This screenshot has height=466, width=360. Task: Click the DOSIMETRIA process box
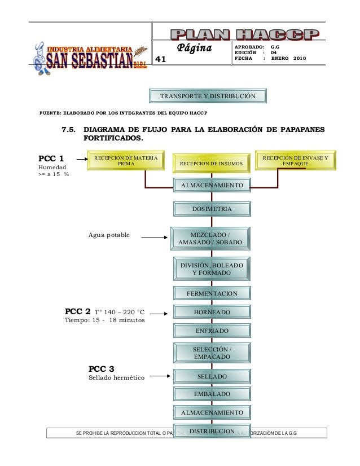(x=212, y=209)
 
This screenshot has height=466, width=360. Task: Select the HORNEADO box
(x=212, y=312)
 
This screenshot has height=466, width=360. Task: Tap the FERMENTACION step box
(x=212, y=294)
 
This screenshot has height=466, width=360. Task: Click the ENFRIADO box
(x=212, y=330)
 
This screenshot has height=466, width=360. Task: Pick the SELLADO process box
(x=212, y=376)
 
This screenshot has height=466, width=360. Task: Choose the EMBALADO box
(x=212, y=394)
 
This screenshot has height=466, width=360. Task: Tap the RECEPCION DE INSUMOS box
(x=211, y=164)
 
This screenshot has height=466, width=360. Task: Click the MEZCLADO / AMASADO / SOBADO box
(x=209, y=238)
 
